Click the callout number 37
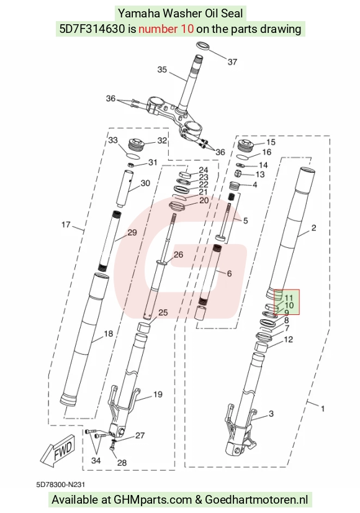click(x=232, y=61)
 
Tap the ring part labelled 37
click(x=203, y=46)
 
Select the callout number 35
click(x=162, y=70)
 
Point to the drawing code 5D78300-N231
click(x=61, y=484)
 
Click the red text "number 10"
click(x=166, y=29)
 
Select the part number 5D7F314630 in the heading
click(x=92, y=29)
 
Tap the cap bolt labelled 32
click(x=135, y=145)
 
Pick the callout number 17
click(x=66, y=225)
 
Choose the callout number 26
click(x=178, y=255)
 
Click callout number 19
click(x=158, y=394)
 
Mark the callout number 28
click(x=122, y=463)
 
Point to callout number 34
click(x=96, y=461)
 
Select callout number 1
click(x=323, y=409)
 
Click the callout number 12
click(x=289, y=340)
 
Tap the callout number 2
click(x=313, y=228)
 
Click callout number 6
click(x=229, y=273)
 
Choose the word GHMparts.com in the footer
click(x=153, y=499)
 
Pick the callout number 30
click(x=145, y=183)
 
